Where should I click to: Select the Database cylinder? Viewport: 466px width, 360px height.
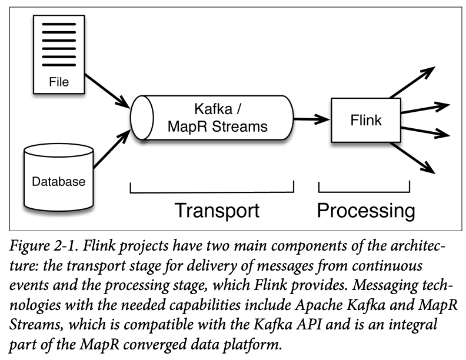58,176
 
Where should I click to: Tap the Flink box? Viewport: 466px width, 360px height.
366,121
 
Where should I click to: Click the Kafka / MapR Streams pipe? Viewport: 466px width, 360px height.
212,118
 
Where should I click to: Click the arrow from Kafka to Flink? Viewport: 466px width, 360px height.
311,120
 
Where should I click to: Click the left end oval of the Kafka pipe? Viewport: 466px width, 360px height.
139,117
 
